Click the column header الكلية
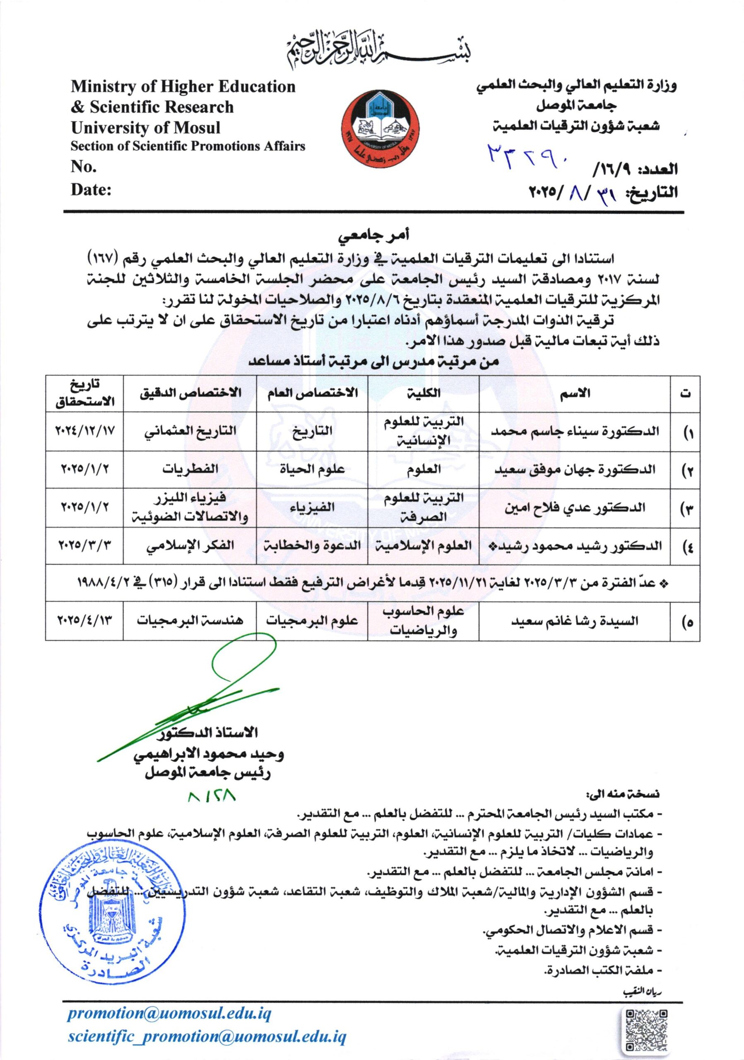[424, 393]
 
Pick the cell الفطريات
[190, 470]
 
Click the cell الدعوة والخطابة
[312, 545]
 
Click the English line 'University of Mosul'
[145, 128]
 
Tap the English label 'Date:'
[91, 190]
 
